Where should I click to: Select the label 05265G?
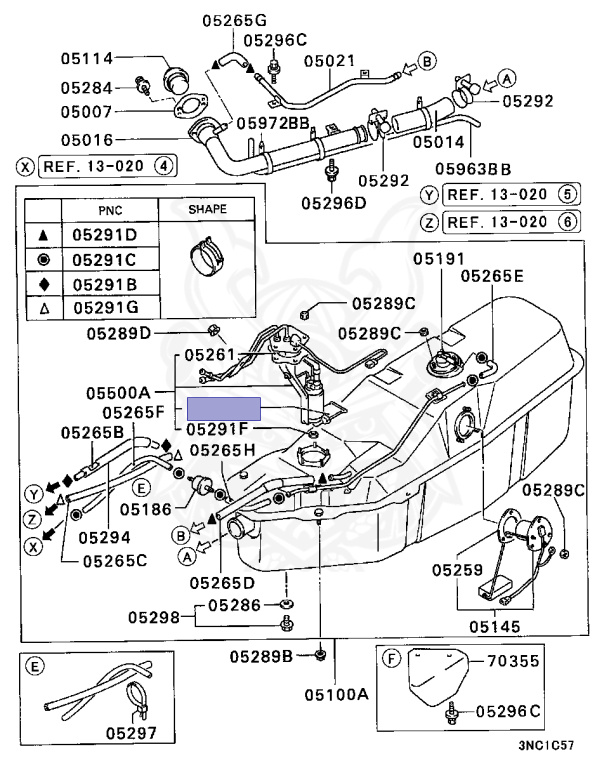234,21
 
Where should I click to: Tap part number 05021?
330,61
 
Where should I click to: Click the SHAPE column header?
207,210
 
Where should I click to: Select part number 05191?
440,259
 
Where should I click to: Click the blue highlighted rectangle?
224,407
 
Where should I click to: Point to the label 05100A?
337,694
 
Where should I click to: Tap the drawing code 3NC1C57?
546,746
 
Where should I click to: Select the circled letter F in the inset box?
392,659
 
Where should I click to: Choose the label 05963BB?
473,169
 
